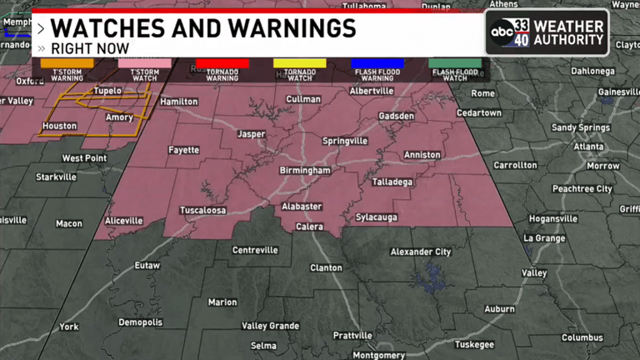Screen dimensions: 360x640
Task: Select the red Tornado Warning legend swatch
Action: [222, 63]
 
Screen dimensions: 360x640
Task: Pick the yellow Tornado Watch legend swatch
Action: [299, 63]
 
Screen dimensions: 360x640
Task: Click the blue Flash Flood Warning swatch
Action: [377, 63]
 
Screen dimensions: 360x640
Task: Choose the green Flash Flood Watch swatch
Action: [455, 63]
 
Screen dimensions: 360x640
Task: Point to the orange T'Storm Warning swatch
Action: [67, 63]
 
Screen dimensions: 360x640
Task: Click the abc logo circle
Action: [503, 32]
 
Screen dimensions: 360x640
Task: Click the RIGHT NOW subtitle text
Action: [89, 49]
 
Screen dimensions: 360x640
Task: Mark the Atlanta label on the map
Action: [588, 147]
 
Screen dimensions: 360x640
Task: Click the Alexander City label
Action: [421, 252]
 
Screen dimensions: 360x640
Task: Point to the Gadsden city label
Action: [396, 116]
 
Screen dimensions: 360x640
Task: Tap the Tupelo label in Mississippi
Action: [107, 90]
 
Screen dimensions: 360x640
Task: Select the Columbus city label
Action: [582, 337]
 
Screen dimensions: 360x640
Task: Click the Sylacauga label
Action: [376, 217]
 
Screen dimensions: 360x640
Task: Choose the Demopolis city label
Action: [141, 322]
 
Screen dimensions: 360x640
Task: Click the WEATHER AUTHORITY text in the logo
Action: [569, 32]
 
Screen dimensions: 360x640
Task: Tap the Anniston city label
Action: [422, 155]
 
